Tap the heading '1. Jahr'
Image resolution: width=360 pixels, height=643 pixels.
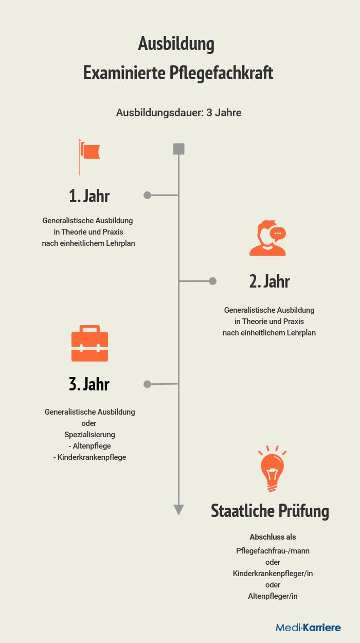[x=89, y=196]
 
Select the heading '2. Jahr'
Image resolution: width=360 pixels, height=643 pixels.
[x=269, y=281]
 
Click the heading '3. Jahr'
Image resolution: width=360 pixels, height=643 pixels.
[x=89, y=384]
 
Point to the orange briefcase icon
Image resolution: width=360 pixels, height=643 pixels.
[x=89, y=343]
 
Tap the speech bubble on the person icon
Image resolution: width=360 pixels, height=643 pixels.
[x=278, y=234]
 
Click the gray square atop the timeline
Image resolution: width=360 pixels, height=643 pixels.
[x=178, y=149]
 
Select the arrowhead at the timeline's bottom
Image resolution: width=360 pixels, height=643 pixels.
[x=178, y=510]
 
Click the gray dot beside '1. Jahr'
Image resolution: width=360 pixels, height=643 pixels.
[x=147, y=195]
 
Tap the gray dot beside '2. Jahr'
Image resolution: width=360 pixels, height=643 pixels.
[x=212, y=281]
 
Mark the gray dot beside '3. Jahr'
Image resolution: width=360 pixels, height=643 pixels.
[x=147, y=384]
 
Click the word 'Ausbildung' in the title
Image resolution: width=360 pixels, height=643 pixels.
[x=176, y=44]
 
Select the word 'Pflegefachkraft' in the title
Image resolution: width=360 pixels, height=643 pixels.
[x=221, y=74]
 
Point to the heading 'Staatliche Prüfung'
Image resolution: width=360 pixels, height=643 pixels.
[x=270, y=511]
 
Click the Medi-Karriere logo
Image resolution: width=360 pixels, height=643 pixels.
[x=309, y=628]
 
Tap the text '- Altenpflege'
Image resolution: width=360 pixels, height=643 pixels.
[x=90, y=446]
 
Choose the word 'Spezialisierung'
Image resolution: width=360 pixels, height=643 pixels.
[x=89, y=435]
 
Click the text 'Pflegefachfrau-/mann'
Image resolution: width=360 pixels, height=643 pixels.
[x=273, y=551]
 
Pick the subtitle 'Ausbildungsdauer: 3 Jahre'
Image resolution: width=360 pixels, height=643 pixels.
[x=178, y=113]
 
